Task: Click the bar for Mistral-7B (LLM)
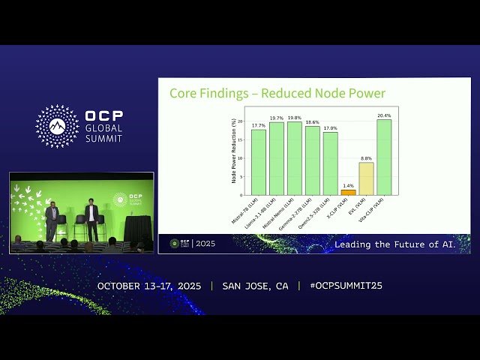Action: tap(259, 162)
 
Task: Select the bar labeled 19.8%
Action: tap(295, 158)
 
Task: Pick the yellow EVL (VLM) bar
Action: tap(366, 178)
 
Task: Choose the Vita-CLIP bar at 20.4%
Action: tap(384, 157)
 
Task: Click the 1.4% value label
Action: tap(349, 185)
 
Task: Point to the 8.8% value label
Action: tap(366, 158)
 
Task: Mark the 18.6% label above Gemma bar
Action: tap(312, 122)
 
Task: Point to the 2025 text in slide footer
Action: tap(205, 244)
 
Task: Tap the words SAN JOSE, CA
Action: tap(255, 286)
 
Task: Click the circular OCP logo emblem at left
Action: tap(57, 126)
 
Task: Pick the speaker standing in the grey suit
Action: tap(52, 218)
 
